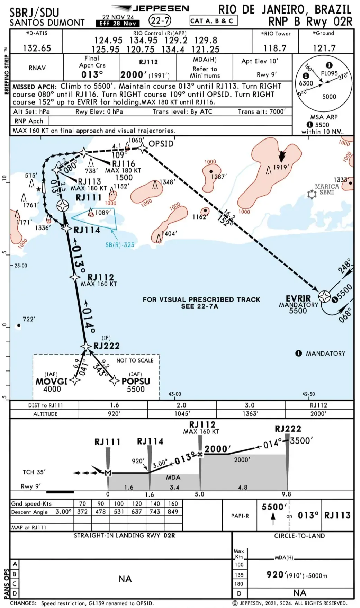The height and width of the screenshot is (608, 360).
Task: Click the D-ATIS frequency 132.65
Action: tap(37, 48)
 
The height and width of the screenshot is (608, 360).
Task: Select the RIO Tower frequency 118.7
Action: tap(275, 48)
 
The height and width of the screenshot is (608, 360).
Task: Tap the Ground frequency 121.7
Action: tap(324, 48)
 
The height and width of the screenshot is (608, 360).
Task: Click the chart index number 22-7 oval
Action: tap(160, 21)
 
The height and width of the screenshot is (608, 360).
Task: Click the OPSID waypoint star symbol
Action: tap(143, 148)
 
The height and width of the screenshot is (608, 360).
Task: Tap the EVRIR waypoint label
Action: tap(298, 298)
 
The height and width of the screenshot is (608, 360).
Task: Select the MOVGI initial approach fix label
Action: tap(52, 381)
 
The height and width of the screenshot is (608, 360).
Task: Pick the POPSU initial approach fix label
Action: tap(136, 381)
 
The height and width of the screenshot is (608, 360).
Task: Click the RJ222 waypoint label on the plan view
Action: tap(106, 346)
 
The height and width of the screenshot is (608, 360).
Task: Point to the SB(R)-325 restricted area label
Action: tap(119, 245)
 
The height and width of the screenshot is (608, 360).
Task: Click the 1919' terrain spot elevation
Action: tap(281, 167)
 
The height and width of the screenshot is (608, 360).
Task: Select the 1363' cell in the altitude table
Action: tap(250, 413)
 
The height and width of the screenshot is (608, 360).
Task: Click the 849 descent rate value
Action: tap(173, 512)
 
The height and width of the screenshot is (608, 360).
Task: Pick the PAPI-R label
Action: tap(240, 516)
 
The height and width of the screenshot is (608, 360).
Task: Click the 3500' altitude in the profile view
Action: tap(301, 440)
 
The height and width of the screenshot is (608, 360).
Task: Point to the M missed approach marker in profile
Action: tap(108, 473)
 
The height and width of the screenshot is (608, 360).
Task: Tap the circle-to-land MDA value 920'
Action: tap(275, 575)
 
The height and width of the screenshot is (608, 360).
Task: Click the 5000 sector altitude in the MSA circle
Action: tap(329, 97)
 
